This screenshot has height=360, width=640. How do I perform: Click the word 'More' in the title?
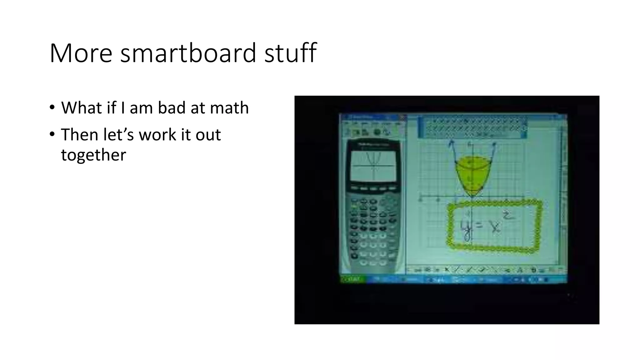81,53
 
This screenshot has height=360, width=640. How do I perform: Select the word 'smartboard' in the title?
188,53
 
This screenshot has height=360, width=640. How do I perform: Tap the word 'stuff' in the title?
290,53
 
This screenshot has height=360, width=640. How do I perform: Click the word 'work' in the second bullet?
157,135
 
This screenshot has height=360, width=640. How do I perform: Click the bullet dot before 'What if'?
52,107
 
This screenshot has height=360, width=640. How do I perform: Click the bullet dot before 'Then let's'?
52,134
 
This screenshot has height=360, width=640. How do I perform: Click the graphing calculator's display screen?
373,166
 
